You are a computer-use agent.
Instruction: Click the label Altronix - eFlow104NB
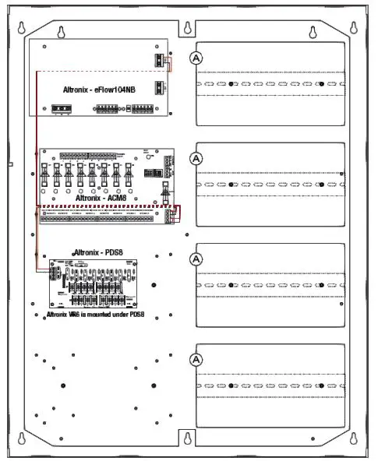coord(99,90)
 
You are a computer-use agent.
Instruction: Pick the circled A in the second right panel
coord(196,157)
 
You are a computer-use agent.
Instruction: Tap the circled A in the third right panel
coord(196,259)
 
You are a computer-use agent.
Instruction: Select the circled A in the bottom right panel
coord(196,359)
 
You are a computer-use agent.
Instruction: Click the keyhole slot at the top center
coord(187,28)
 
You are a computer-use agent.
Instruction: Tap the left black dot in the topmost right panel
coord(232,83)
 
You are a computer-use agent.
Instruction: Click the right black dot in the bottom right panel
coord(321,385)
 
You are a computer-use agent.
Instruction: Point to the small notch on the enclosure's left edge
coord(9,165)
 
